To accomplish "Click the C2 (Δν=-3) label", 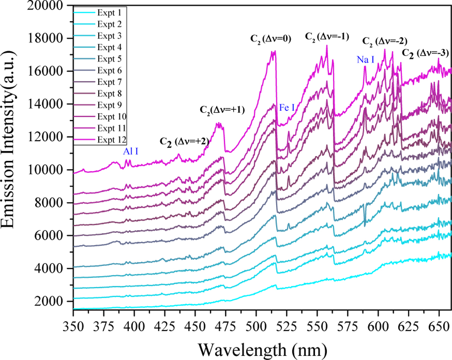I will click(x=425, y=53).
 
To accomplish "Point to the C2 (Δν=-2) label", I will click(x=385, y=41).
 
